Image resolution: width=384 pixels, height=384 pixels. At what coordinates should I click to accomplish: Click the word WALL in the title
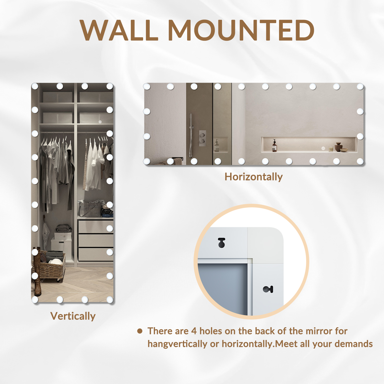point(119,30)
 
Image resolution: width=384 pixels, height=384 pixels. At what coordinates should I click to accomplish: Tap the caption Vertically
point(73,316)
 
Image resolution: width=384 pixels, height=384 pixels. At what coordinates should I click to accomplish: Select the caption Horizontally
point(254,177)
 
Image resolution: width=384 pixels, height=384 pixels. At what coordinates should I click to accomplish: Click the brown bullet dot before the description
point(140,331)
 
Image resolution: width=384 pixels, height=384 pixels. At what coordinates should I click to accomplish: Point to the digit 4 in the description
point(194,331)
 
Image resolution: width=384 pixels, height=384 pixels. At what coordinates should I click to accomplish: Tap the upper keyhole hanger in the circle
point(221,243)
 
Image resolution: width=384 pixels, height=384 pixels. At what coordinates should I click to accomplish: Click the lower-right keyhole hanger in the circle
point(268,289)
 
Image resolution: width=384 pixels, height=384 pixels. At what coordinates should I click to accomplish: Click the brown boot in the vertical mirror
point(37,271)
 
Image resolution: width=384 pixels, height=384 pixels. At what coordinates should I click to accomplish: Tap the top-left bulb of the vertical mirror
point(35,86)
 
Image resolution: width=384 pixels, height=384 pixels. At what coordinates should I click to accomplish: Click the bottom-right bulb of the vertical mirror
point(110,300)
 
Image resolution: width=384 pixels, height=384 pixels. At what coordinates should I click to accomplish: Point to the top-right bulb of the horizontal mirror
point(360,87)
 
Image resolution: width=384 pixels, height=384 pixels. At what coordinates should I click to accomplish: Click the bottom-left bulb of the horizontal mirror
point(147,161)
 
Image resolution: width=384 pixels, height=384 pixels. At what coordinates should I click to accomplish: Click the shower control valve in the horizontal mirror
point(202,138)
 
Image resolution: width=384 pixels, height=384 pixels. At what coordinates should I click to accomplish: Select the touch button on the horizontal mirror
point(323,148)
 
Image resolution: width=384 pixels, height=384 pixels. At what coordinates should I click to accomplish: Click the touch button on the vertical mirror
point(100,122)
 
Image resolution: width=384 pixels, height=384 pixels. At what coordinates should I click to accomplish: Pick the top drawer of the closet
point(96,227)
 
